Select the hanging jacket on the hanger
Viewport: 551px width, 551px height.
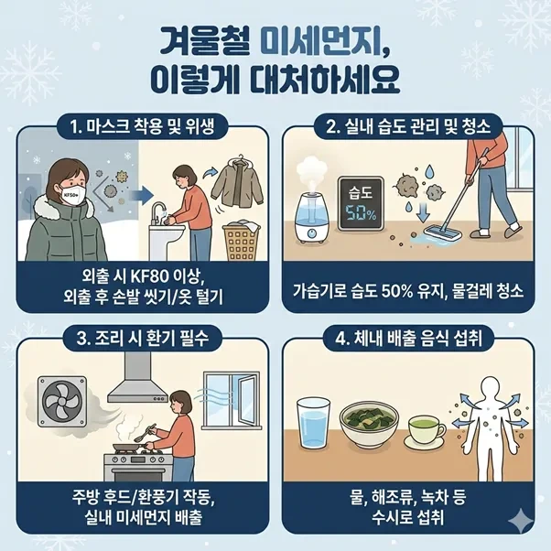[237, 181]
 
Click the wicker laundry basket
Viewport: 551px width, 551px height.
[242, 241]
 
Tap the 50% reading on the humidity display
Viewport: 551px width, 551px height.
[361, 213]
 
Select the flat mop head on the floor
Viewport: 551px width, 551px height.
[442, 233]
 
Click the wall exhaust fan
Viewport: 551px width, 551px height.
[62, 401]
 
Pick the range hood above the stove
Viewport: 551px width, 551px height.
[138, 380]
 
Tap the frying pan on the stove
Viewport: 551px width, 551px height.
[129, 448]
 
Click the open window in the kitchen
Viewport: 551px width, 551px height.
[232, 401]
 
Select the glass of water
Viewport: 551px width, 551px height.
[313, 423]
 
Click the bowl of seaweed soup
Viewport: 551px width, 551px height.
[369, 427]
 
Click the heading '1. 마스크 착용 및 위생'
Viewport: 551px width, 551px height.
[142, 126]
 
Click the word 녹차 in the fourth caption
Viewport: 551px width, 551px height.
[419, 497]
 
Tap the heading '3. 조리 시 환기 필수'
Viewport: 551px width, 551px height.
[142, 339]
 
